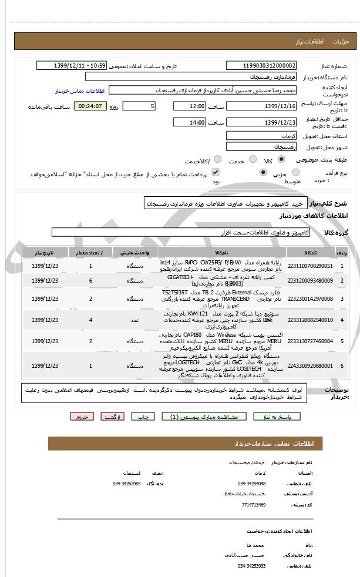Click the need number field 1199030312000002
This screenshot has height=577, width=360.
click(x=261, y=66)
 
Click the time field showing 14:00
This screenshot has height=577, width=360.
click(x=189, y=122)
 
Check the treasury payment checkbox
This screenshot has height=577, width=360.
click(x=215, y=173)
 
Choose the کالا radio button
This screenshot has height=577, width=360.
click(x=281, y=159)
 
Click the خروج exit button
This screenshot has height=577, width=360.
click(x=81, y=416)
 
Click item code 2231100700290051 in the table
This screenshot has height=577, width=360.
click(x=311, y=266)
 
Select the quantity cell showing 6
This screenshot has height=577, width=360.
click(x=90, y=281)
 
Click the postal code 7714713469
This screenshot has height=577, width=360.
click(x=253, y=504)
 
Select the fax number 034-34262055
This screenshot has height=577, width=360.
click(x=126, y=484)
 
